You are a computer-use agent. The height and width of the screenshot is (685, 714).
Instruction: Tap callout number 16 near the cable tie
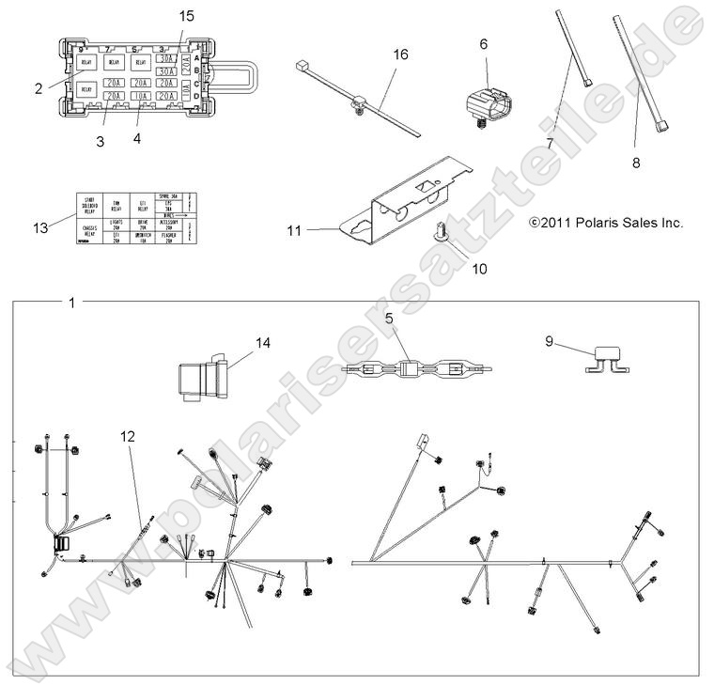400,56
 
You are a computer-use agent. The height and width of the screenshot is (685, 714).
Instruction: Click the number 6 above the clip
484,44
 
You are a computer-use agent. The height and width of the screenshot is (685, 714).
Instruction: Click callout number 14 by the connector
262,343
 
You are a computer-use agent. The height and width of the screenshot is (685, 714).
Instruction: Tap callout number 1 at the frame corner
71,303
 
